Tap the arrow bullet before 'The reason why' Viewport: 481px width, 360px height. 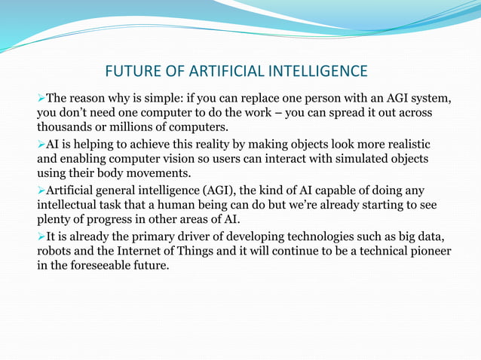(x=41, y=98)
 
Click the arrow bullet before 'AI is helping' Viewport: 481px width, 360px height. (x=41, y=145)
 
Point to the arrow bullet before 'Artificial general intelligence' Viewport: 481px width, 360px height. (x=41, y=191)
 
